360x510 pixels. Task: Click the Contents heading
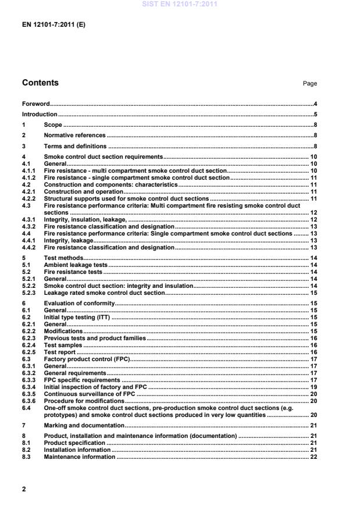tap(40, 83)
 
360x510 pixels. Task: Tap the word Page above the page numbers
tap(310, 84)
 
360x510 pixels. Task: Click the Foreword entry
tap(35, 103)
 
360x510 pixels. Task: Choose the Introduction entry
tap(40, 114)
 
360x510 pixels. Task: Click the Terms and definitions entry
tap(75, 147)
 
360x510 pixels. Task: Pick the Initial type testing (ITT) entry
tap(77, 318)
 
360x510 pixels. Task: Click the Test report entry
tap(60, 352)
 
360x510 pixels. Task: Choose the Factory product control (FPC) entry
tap(87, 358)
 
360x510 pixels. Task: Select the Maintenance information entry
tap(79, 457)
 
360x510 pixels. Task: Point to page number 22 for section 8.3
tap(313, 457)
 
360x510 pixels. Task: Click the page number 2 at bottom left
tap(24, 489)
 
